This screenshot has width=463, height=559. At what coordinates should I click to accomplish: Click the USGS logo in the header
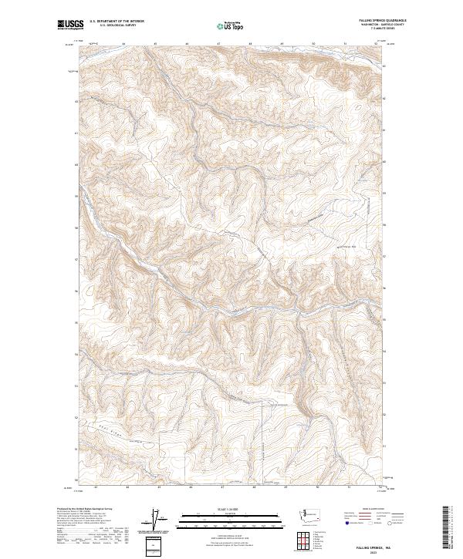70,25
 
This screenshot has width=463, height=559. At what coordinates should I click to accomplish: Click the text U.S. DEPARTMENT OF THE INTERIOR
117,22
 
